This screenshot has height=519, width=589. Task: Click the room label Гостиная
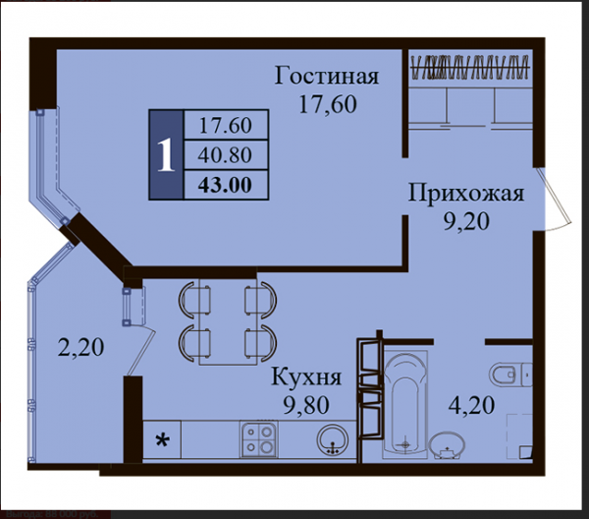pos(327,76)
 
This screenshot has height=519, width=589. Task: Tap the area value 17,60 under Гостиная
pos(327,104)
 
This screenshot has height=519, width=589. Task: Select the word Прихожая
pos(465,194)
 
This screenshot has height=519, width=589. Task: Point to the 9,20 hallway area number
pos(466,221)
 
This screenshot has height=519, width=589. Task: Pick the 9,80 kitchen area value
pos(306,405)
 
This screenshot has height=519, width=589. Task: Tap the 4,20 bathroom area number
pos(472,405)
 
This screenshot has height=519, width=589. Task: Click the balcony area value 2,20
pos(80,347)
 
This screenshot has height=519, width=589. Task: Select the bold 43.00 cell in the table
pos(225,185)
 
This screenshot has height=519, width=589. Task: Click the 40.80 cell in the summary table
pos(225,155)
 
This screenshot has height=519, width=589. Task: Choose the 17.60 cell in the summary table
pos(225,125)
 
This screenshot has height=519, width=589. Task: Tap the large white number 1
pos(166,155)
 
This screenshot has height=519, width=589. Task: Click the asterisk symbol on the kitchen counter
pos(162,440)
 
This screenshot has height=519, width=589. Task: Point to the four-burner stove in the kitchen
pos(259,439)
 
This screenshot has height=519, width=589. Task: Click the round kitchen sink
pos(333,440)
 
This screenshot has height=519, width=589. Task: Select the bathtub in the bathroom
pos(404,404)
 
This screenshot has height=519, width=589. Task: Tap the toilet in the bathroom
pos(510,375)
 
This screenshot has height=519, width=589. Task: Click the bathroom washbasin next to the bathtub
pos(447,445)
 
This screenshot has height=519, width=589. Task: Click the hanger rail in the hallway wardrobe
pos(470,67)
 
